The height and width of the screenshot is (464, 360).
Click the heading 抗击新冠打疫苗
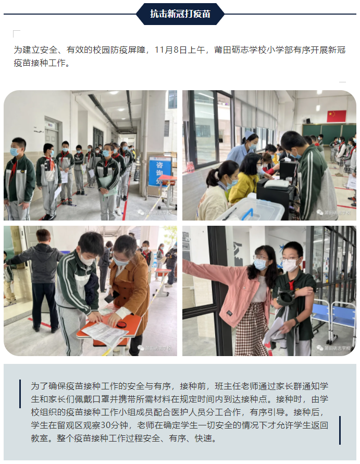point(180,14)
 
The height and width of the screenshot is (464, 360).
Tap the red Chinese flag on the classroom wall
point(337,116)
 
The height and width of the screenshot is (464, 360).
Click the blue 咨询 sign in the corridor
point(160,172)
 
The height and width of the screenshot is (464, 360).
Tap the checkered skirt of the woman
point(252,328)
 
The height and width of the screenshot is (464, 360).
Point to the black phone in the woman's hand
point(111,297)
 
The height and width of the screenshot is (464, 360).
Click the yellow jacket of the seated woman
point(243,188)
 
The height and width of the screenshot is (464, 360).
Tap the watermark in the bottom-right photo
point(333,348)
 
